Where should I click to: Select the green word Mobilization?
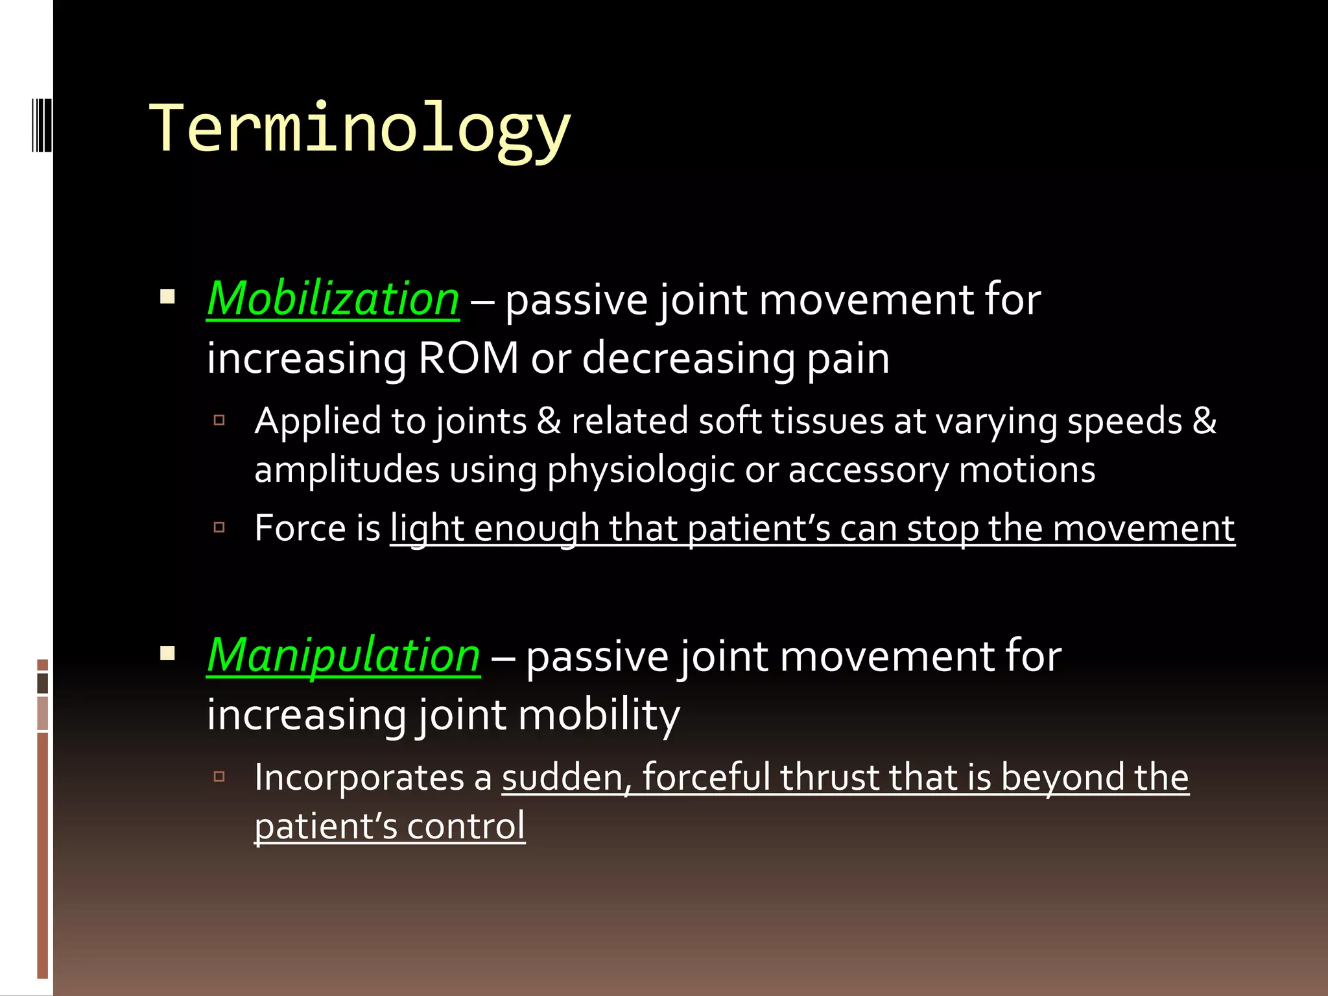[x=333, y=299]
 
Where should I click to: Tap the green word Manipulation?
[x=344, y=656]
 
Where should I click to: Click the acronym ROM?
[x=468, y=358]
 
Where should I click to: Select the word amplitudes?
[x=347, y=470]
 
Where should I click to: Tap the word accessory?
[x=868, y=470]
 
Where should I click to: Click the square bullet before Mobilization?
[x=168, y=297]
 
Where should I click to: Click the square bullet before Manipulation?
[x=168, y=653]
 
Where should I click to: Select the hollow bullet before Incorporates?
[x=219, y=776]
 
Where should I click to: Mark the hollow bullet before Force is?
[x=219, y=527]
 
